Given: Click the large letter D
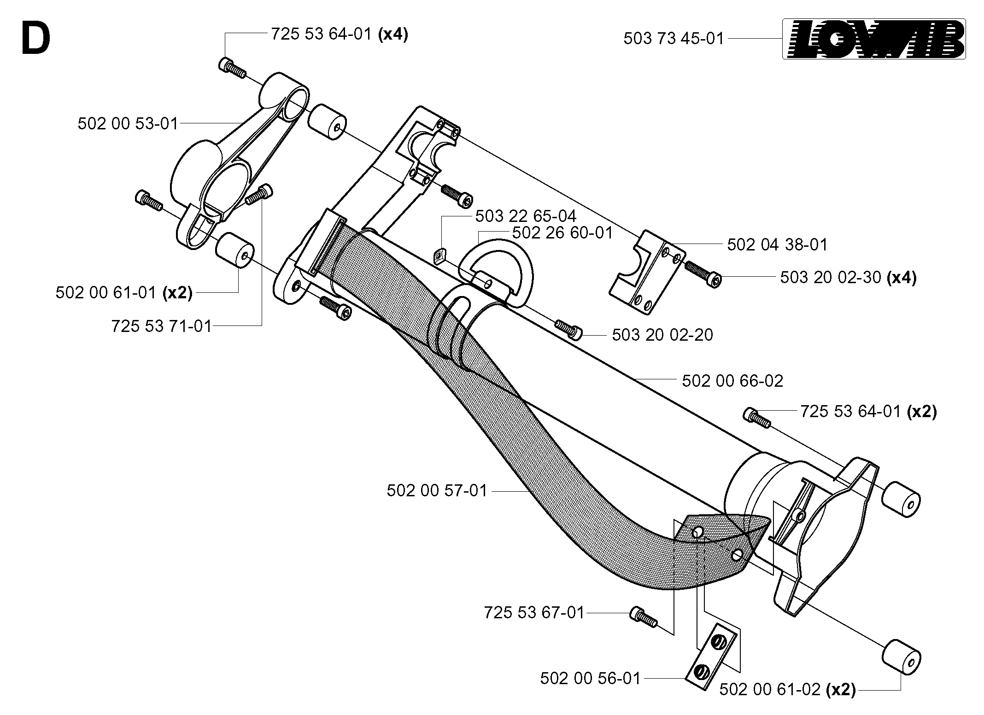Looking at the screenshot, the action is coord(35,39).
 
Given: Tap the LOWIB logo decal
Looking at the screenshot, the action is coord(874,39).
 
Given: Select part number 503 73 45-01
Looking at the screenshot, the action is coord(674,39).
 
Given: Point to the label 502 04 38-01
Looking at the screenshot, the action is coord(778,244).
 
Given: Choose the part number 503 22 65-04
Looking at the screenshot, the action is coord(526,216).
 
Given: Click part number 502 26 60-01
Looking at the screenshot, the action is coord(562,233).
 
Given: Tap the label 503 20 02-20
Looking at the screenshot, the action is coord(662,335).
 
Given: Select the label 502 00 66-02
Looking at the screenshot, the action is coord(732,381).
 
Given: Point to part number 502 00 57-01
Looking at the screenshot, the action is coord(437,490).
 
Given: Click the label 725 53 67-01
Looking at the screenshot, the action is coord(534,612).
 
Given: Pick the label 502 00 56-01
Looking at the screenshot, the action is coord(591,678).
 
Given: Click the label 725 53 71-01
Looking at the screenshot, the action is coord(162,326).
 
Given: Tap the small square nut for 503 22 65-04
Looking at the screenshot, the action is coord(441,255).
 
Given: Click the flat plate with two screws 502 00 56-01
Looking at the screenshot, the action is coord(711,663).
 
